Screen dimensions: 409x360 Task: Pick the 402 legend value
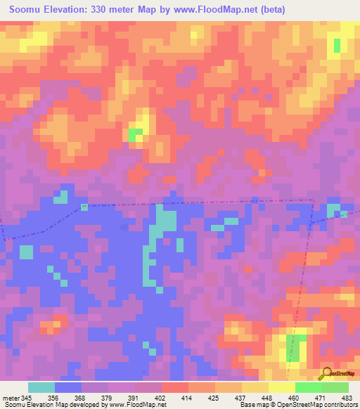161,397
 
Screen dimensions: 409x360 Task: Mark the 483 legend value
347,397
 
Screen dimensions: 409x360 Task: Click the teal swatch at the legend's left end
41,387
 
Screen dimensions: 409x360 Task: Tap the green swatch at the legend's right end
335,387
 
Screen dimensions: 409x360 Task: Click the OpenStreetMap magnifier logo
325,373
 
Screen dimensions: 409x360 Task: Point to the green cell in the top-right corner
337,46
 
